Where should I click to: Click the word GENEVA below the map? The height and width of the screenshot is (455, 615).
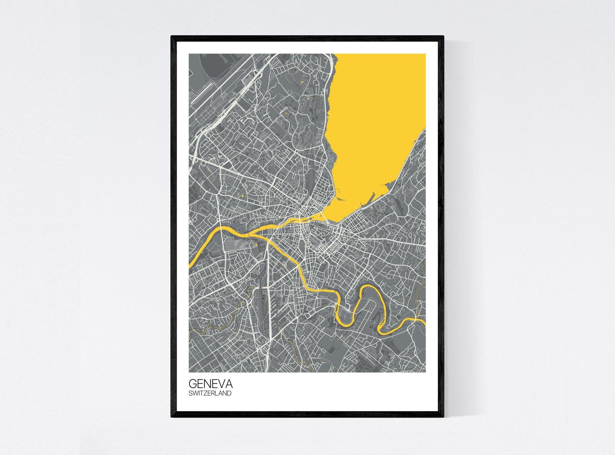pyautogui.click(x=210, y=384)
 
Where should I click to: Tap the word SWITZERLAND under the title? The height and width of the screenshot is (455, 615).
pyautogui.click(x=210, y=393)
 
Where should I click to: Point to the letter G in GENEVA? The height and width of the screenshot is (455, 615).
pyautogui.click(x=192, y=384)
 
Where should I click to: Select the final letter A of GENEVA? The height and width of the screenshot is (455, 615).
pyautogui.click(x=229, y=384)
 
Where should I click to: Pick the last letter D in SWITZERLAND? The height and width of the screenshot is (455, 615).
pyautogui.click(x=229, y=393)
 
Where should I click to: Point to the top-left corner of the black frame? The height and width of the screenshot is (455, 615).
pyautogui.click(x=172, y=36)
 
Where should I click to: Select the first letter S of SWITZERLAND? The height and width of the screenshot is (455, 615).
pyautogui.click(x=190, y=393)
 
